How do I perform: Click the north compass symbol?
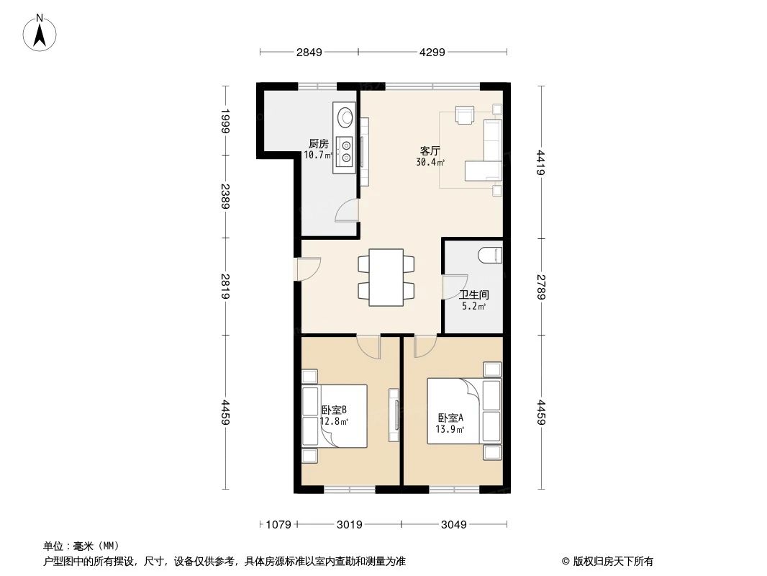click(40, 32)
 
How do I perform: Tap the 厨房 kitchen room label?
click(318, 143)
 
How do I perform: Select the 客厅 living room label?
click(430, 151)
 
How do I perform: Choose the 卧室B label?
click(335, 410)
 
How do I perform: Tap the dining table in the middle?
click(386, 277)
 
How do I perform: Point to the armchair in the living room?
click(464, 115)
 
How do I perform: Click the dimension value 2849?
click(308, 52)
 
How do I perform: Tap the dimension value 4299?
click(432, 52)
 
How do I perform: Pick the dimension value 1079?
click(278, 524)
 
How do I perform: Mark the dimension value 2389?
click(225, 196)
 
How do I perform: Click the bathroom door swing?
click(451, 288)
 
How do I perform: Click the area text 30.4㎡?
click(430, 163)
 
